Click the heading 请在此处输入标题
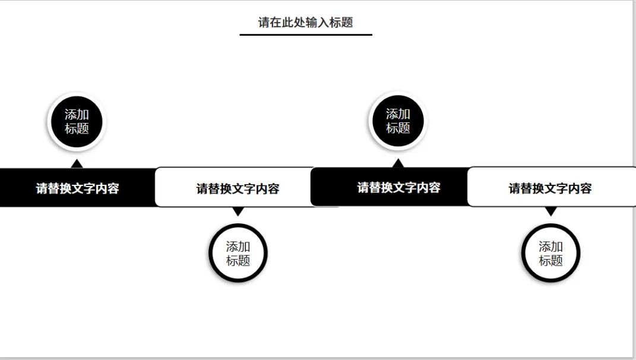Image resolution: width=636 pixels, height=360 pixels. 305,23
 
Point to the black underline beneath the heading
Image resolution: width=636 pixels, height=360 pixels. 305,34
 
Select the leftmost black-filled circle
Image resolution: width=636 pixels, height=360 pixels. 76,122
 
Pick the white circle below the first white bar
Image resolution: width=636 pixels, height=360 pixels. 238,253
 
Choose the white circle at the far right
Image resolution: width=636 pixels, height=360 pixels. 550,253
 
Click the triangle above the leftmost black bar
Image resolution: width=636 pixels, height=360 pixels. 76,163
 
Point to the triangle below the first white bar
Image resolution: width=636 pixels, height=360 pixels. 238,211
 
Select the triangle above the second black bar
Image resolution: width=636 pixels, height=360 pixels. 398,163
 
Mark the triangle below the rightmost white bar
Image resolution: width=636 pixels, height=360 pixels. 550,211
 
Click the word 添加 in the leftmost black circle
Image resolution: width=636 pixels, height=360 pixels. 77,115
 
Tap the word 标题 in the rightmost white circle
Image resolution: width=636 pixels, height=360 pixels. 550,260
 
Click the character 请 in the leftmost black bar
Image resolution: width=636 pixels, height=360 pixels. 42,189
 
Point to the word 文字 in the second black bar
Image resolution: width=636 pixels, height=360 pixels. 398,188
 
